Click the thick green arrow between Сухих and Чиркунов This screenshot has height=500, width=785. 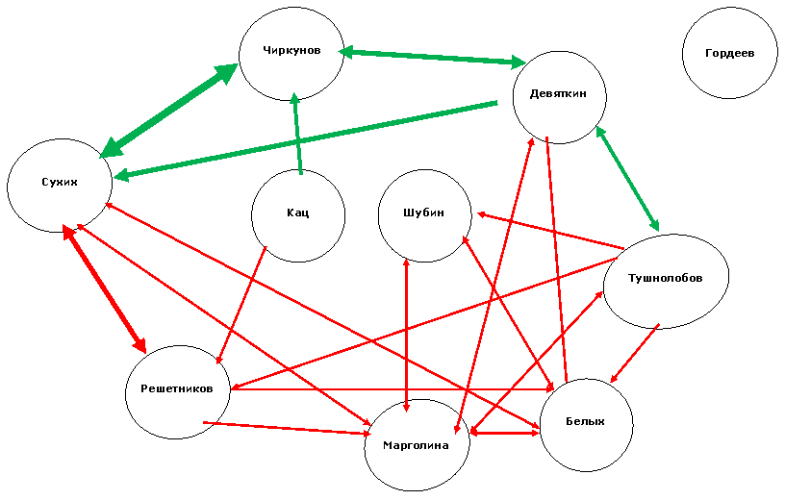pyautogui.click(x=169, y=111)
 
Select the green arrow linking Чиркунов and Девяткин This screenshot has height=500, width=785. pyautogui.click(x=433, y=57)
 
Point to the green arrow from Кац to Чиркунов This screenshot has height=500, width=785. pyautogui.click(x=298, y=133)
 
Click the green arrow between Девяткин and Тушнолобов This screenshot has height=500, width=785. pyautogui.click(x=628, y=179)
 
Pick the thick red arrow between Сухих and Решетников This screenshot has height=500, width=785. pyautogui.click(x=105, y=288)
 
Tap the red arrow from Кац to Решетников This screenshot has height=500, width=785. pyautogui.click(x=241, y=305)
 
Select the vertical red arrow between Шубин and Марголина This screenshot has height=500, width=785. pyautogui.click(x=406, y=336)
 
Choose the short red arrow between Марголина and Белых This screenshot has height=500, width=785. pyautogui.click(x=505, y=432)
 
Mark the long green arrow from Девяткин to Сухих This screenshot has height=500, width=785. pyautogui.click(x=306, y=140)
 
